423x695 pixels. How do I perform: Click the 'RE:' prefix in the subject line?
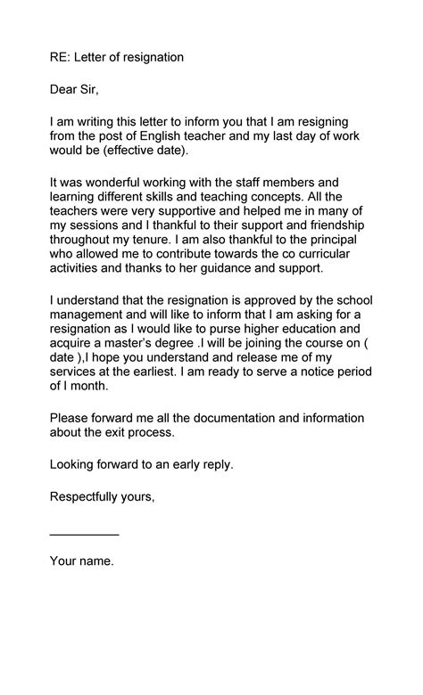click(x=61, y=57)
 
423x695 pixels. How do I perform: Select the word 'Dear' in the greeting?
click(x=65, y=89)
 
